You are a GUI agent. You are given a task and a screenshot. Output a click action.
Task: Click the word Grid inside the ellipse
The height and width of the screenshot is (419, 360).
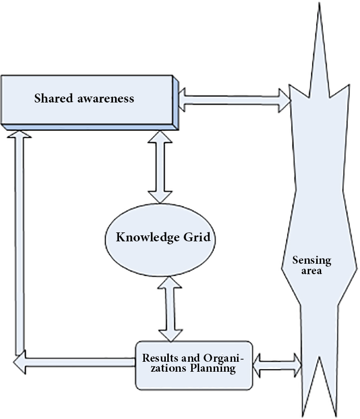(x=196, y=237)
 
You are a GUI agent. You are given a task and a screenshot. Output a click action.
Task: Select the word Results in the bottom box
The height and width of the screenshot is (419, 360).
(x=159, y=358)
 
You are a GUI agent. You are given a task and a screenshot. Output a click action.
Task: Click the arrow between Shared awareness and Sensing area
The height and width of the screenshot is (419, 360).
(x=234, y=100)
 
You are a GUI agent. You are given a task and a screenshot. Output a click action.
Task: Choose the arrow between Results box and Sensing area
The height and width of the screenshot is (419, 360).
(x=277, y=365)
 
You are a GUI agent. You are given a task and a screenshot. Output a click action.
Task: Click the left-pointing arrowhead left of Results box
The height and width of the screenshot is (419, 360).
(x=19, y=362)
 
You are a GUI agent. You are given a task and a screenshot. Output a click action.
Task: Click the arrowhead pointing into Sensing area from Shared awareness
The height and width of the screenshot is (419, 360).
(x=285, y=100)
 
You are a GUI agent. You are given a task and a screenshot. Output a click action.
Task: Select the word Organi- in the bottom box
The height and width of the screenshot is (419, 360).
(x=217, y=358)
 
